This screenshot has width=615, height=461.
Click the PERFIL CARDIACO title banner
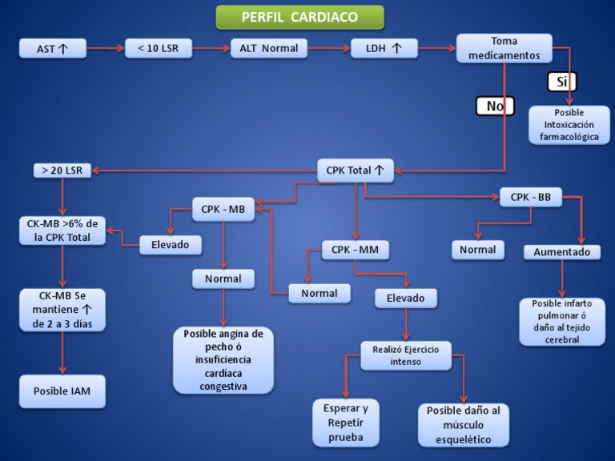coord(299,17)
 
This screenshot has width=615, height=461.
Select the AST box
coord(52,49)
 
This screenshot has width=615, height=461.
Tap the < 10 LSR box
coord(159,49)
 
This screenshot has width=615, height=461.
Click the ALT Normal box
coord(268,49)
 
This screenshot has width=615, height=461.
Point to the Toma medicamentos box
coord(504,48)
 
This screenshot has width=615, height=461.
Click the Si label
coord(561,82)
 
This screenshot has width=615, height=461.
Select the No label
coord(495,106)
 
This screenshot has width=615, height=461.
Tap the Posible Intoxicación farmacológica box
coord(569,125)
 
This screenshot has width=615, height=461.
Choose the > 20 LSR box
coord(62,170)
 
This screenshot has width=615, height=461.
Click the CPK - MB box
coord(223,210)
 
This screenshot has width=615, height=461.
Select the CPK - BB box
coord(530,197)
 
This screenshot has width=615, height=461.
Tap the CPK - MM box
coord(355,250)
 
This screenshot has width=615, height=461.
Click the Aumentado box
coord(561,252)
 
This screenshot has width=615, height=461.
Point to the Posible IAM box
coord(62,391)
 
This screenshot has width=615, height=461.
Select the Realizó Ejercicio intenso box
coord(405,355)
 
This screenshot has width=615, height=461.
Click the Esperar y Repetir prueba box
coord(345,423)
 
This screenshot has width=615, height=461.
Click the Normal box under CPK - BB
coord(477,250)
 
